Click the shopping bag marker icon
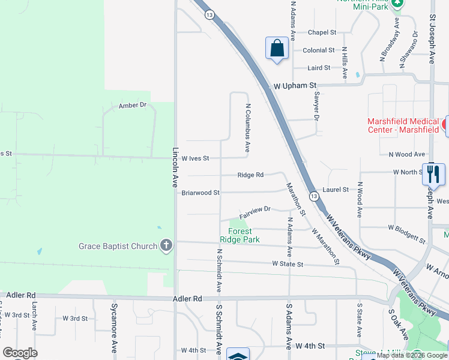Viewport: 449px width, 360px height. pyautogui.click(x=277, y=48)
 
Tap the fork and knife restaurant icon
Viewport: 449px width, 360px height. pyautogui.click(x=433, y=174)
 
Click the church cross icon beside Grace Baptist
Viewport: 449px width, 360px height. pyautogui.click(x=166, y=245)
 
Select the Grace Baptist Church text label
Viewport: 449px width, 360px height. pyautogui.click(x=118, y=246)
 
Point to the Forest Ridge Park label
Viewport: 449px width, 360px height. pyautogui.click(x=244, y=235)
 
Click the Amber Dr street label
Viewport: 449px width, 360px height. pyautogui.click(x=133, y=105)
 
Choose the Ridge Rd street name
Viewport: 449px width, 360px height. pyautogui.click(x=250, y=175)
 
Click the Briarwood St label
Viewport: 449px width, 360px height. pyautogui.click(x=200, y=193)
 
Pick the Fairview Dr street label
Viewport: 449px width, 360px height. pyautogui.click(x=256, y=211)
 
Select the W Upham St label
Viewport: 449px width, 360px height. pyautogui.click(x=294, y=86)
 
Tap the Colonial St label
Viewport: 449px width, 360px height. pyautogui.click(x=319, y=50)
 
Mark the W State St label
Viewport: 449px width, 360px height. pyautogui.click(x=288, y=264)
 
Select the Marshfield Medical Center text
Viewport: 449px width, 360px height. pyautogui.click(x=403, y=125)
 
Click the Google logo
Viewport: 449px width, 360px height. pyautogui.click(x=20, y=353)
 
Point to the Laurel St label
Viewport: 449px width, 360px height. pyautogui.click(x=336, y=190)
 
